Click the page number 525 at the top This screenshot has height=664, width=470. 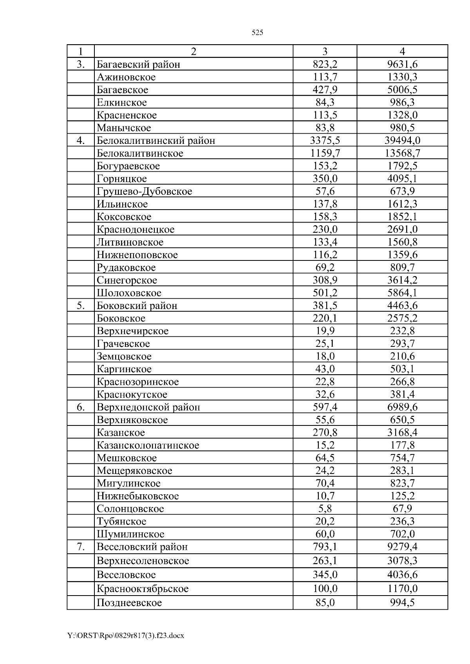(257, 33)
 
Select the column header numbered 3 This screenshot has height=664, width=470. (325, 52)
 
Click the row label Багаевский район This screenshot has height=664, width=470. (138, 65)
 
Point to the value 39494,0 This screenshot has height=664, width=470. (402, 141)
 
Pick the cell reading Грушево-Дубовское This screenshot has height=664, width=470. (145, 192)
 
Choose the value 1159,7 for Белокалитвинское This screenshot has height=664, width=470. (325, 153)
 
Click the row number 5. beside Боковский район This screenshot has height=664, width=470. (81, 306)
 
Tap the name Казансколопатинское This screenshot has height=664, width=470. (148, 445)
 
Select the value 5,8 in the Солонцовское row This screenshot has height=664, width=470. (325, 509)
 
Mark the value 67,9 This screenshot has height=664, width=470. (402, 509)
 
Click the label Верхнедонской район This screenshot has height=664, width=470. (148, 407)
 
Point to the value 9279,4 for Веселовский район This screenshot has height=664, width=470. (402, 547)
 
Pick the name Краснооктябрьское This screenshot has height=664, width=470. (143, 589)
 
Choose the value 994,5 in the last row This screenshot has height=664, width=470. (402, 603)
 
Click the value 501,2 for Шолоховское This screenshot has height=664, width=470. (325, 293)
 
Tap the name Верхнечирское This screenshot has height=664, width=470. (133, 331)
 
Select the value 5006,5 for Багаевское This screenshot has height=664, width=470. (402, 90)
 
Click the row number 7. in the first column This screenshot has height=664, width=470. (81, 547)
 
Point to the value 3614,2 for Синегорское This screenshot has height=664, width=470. (402, 280)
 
